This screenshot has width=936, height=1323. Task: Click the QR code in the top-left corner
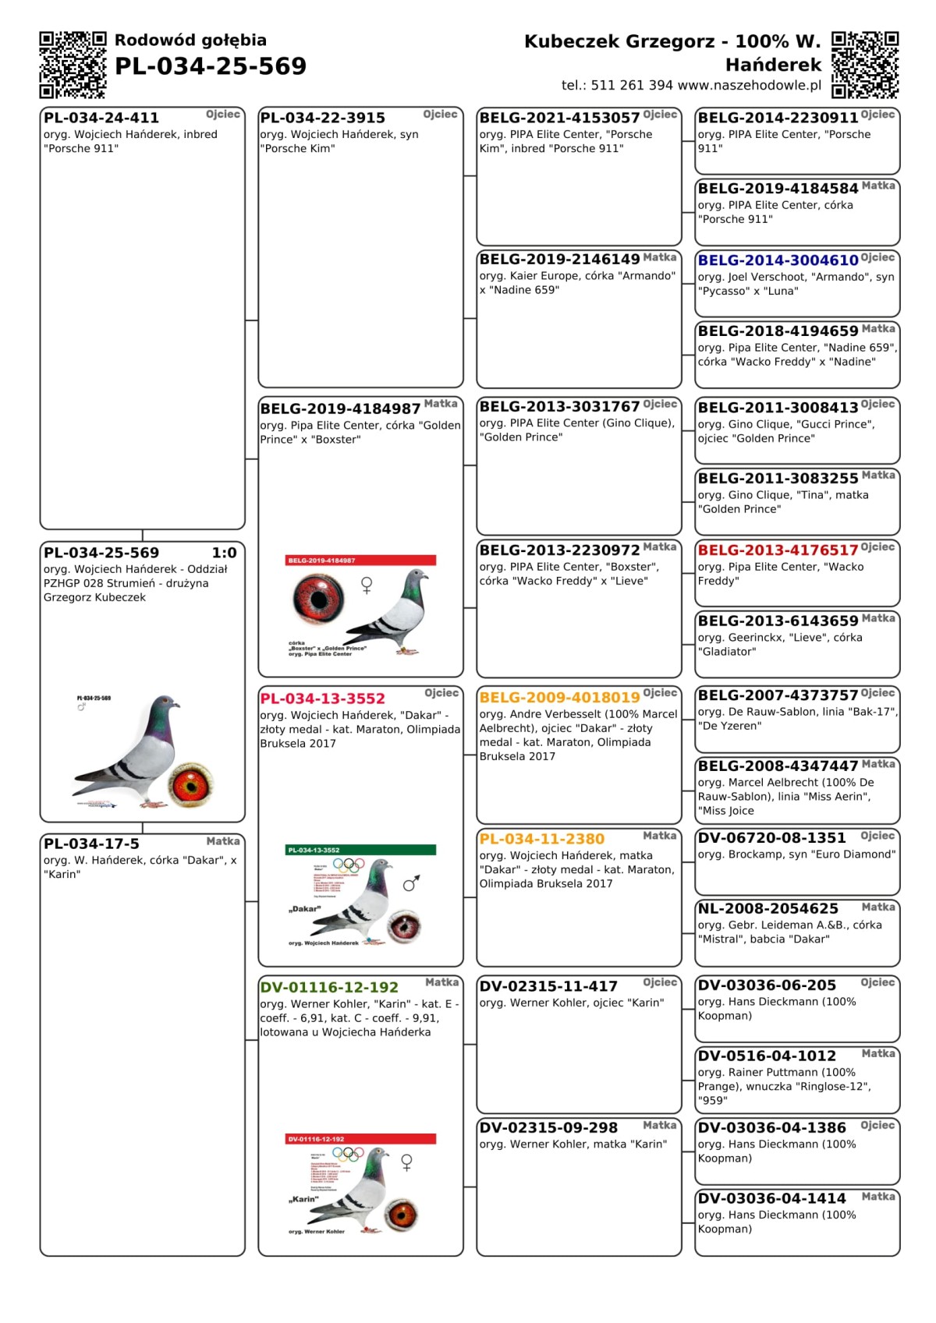point(73,65)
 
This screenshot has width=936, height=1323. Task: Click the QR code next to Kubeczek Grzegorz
point(865,65)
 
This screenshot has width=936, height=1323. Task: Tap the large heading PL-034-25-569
point(211,66)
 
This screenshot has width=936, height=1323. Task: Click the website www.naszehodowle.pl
point(750,85)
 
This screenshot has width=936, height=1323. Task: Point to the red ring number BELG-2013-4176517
point(778,550)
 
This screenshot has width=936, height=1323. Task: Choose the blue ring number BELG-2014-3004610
point(778,260)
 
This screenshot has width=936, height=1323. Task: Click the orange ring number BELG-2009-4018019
point(559,697)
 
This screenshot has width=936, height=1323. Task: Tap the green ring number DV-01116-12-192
point(329,987)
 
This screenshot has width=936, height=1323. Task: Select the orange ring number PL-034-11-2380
point(542,839)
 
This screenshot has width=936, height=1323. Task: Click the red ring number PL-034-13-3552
point(323,699)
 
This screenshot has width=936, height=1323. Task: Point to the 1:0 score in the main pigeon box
point(224,553)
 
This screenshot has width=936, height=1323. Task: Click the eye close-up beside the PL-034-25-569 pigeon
point(191,784)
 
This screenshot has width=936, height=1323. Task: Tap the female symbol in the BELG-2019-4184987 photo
point(367,585)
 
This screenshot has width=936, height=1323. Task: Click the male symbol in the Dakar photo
point(411,883)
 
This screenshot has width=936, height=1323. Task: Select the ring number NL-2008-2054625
point(768,908)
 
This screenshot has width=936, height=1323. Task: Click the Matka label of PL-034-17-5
point(223,841)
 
